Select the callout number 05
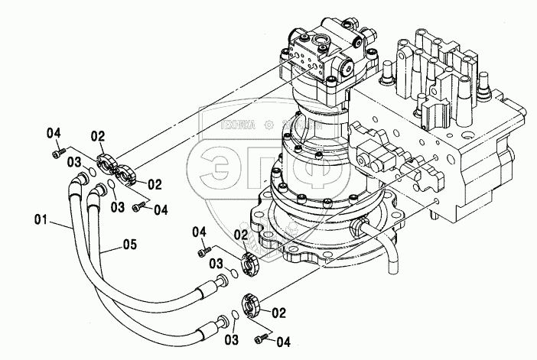click(x=130, y=245)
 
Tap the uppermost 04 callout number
click(x=53, y=134)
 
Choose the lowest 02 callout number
click(x=278, y=313)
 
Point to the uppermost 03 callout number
click(x=73, y=161)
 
